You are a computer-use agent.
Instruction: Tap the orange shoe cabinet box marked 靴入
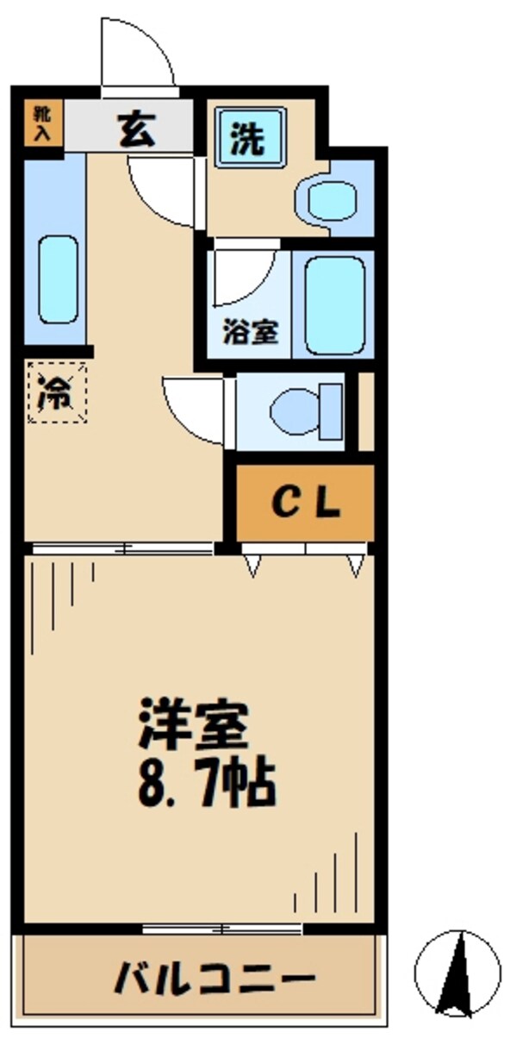[41, 123]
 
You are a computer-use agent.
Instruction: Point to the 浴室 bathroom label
[251, 333]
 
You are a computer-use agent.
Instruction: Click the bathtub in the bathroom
[335, 304]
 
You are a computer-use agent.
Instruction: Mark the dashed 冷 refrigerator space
[57, 393]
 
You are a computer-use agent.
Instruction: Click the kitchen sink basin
[59, 278]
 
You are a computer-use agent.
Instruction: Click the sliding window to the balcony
[222, 928]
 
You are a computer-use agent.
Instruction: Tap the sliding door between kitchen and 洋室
[121, 548]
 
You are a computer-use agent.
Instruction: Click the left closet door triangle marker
[252, 565]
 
